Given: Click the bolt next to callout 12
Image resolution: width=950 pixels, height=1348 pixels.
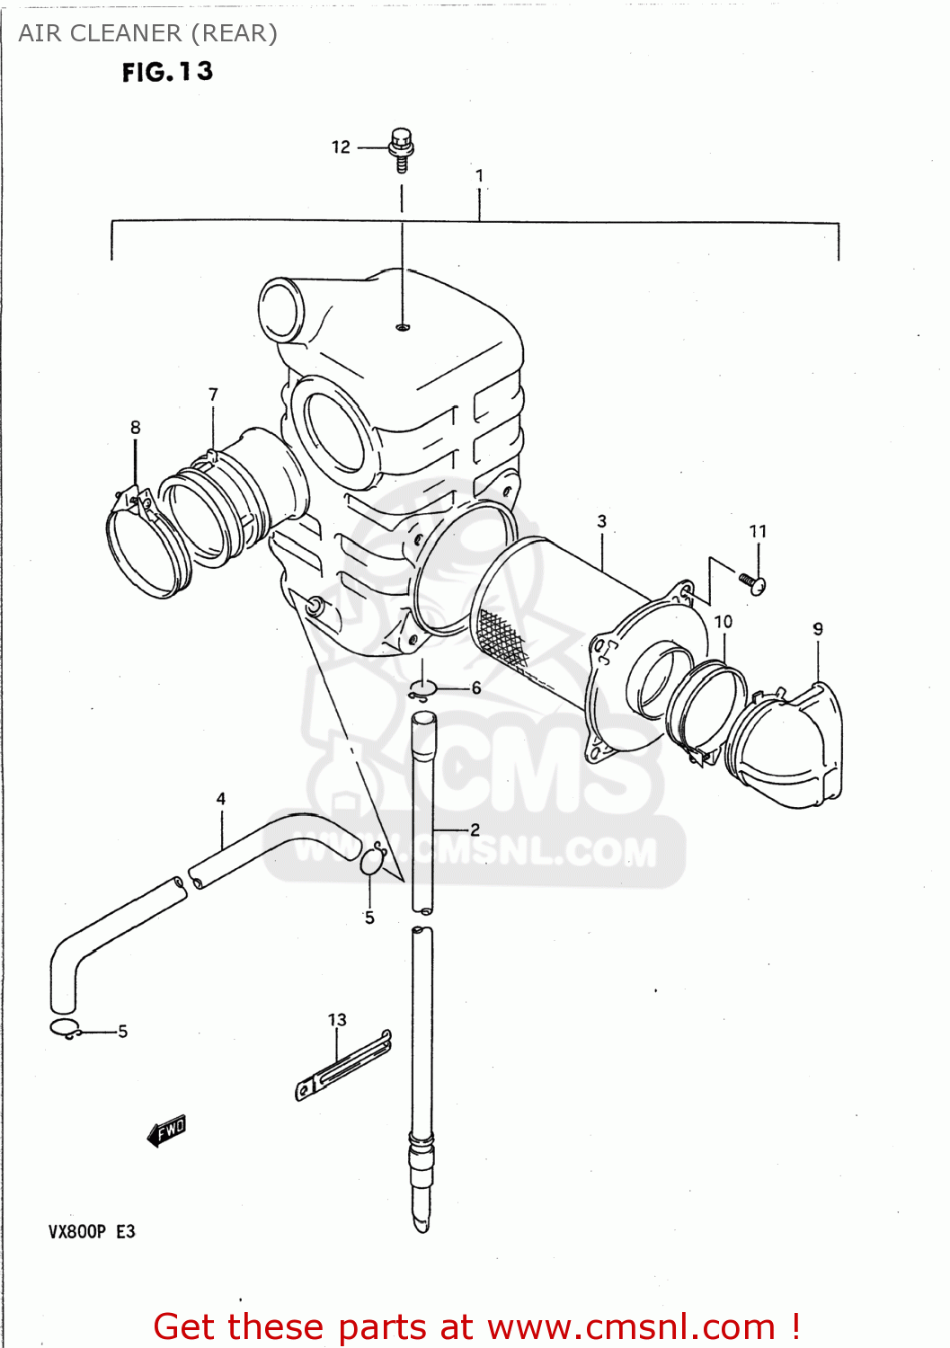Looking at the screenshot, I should (401, 149).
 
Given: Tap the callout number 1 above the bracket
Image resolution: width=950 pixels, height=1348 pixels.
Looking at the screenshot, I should (480, 176).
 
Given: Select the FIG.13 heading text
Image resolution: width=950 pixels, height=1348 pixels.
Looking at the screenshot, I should (168, 72).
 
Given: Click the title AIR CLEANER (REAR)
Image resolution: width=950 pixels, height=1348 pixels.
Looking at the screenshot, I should (148, 33).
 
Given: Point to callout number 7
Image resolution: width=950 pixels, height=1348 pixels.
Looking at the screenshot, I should (213, 395).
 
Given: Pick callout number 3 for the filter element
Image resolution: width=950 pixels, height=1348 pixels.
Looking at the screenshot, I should (601, 521).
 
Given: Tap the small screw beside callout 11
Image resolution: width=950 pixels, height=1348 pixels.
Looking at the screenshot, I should (752, 582).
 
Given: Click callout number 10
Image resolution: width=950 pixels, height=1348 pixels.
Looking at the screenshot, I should (724, 622).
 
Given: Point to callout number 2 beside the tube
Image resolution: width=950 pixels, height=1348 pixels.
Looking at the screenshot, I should (475, 829).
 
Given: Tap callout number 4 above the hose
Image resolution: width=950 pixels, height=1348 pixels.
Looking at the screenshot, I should (221, 799).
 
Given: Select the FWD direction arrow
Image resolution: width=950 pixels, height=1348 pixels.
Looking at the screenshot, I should (167, 1131).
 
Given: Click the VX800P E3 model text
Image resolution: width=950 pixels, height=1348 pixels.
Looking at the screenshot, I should (92, 1231).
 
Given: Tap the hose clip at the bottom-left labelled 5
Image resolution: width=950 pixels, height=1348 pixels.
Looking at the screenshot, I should (65, 1030).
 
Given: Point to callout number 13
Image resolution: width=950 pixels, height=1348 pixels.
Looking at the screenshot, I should (337, 1020).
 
